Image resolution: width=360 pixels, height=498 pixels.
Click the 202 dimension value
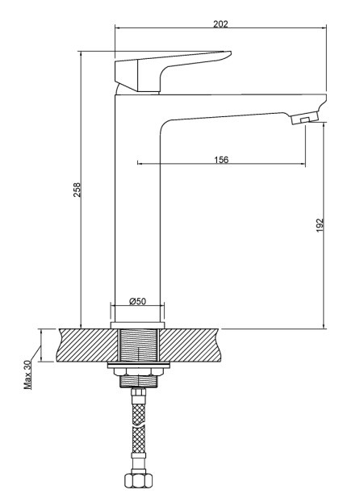click(x=220, y=24)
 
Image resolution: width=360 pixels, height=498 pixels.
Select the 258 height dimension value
click(x=77, y=190)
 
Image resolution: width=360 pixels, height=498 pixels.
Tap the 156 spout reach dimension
click(x=221, y=159)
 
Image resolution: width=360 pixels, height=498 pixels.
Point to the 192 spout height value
click(x=320, y=225)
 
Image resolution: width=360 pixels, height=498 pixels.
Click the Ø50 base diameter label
click(x=138, y=301)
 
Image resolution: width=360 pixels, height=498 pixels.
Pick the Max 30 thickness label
click(x=28, y=375)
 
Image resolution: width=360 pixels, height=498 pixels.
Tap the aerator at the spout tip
click(x=304, y=119)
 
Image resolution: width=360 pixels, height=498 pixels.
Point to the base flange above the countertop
click(x=137, y=325)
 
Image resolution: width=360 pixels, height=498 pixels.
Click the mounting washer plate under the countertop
click(x=139, y=365)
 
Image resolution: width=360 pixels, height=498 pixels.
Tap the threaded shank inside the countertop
click(x=139, y=345)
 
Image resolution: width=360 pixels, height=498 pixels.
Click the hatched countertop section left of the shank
click(x=87, y=345)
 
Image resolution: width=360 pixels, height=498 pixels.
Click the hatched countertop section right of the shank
click(x=190, y=345)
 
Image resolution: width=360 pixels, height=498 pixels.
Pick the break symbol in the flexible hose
click(x=139, y=425)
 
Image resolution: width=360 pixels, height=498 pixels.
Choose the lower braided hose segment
click(x=139, y=442)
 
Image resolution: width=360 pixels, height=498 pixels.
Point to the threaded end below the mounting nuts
click(x=139, y=380)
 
